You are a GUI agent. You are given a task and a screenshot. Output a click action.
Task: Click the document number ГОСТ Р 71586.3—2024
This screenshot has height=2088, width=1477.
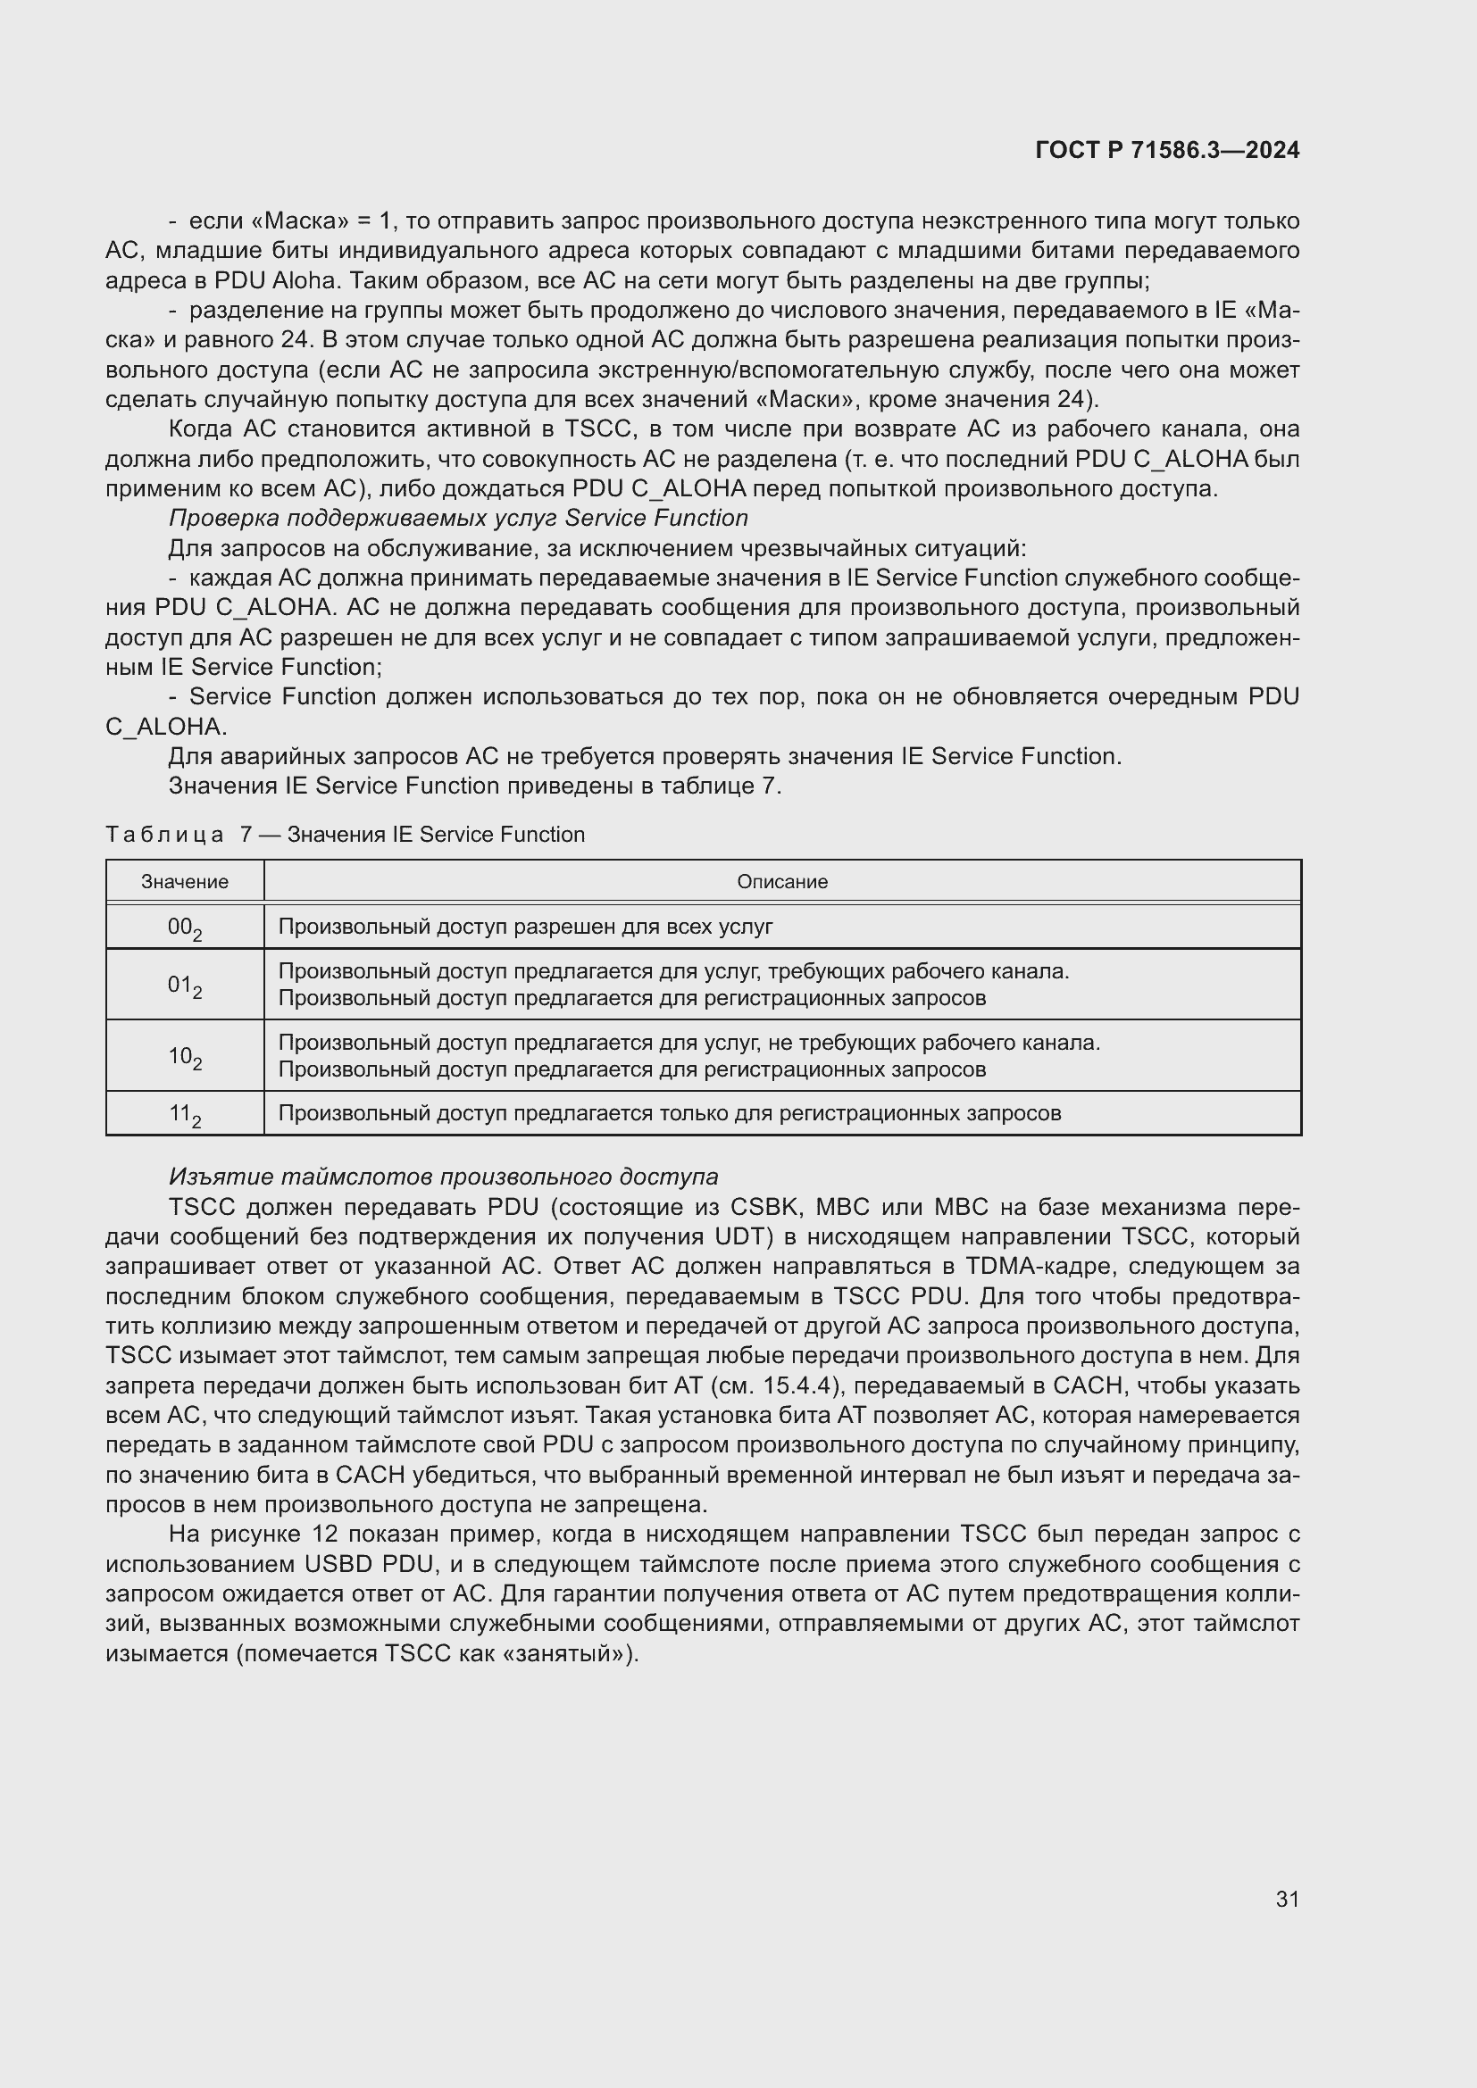point(1167,151)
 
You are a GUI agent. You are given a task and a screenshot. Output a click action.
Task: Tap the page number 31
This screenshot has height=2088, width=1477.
point(1287,1899)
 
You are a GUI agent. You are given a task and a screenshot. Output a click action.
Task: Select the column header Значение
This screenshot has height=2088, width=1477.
point(185,881)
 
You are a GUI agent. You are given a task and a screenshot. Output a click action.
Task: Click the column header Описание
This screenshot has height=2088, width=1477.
point(782,881)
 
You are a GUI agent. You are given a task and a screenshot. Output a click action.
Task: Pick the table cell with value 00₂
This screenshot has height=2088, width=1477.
point(185,928)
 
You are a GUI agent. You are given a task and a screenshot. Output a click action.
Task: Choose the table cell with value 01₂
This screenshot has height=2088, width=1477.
point(185,985)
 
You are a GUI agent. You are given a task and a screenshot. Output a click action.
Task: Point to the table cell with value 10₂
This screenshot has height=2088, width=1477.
point(185,1056)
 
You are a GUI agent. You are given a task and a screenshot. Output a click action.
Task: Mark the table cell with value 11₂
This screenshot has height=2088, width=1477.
point(185,1114)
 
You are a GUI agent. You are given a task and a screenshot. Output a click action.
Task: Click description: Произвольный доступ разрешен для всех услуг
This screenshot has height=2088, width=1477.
point(525,927)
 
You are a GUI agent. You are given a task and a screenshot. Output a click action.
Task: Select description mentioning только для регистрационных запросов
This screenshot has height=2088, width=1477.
point(670,1113)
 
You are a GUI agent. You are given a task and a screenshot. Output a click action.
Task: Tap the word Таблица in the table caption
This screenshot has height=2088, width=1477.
point(163,835)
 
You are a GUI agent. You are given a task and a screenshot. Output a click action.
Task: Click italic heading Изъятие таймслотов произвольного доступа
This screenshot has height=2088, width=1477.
point(443,1177)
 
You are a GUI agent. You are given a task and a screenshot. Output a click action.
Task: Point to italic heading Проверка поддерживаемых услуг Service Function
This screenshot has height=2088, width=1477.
point(457,519)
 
